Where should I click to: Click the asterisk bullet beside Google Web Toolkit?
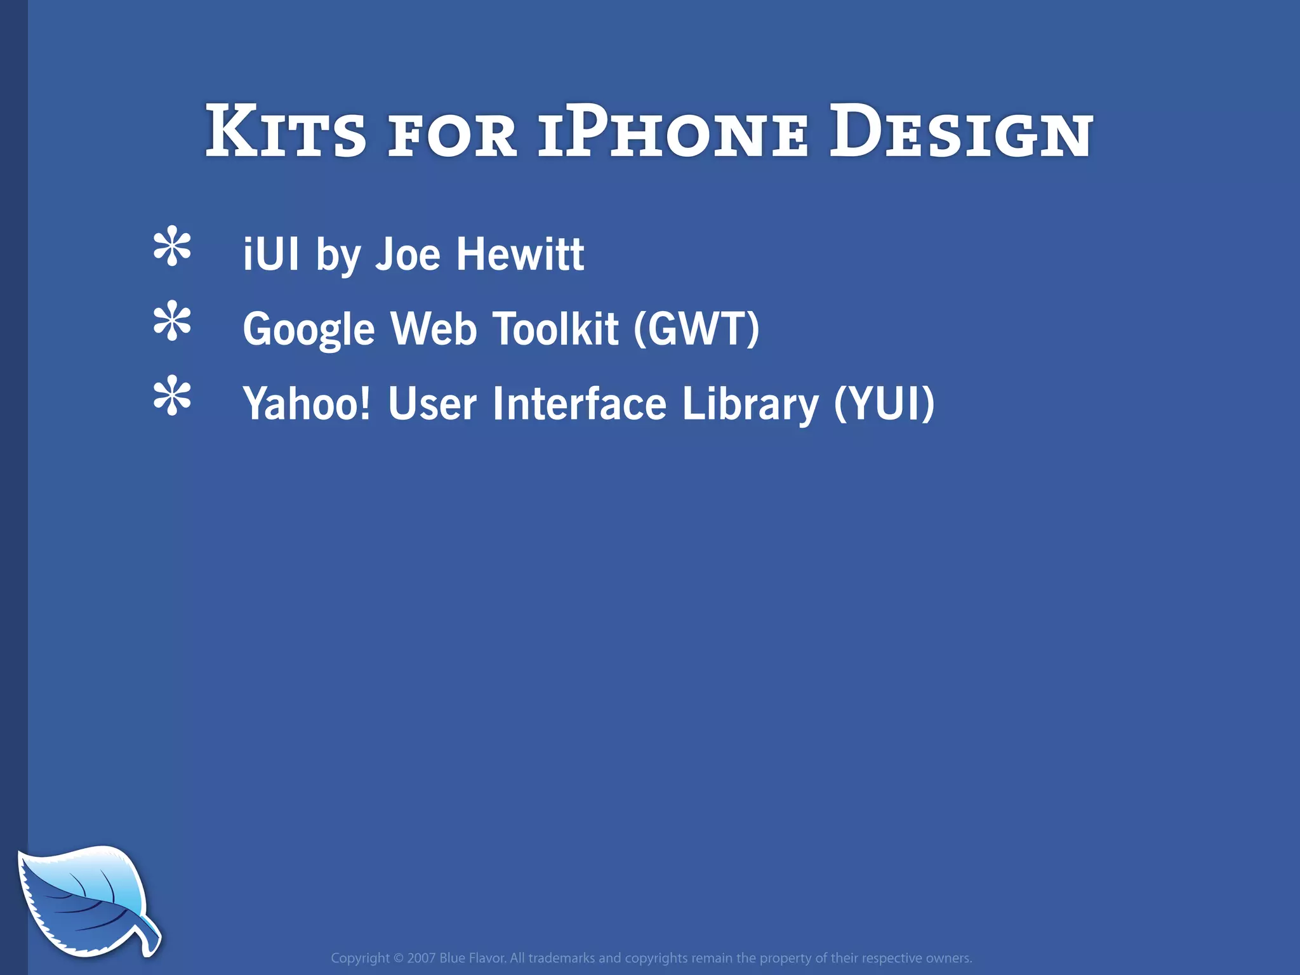point(172,322)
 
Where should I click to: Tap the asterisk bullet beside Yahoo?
point(172,397)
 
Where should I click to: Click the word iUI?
point(271,254)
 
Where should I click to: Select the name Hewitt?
point(520,254)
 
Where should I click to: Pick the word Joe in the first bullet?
point(408,254)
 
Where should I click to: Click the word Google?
point(309,330)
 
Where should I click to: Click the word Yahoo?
point(307,404)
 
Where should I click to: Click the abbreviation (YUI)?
point(884,404)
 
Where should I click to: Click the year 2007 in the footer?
point(421,958)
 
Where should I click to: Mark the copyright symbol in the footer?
point(399,958)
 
